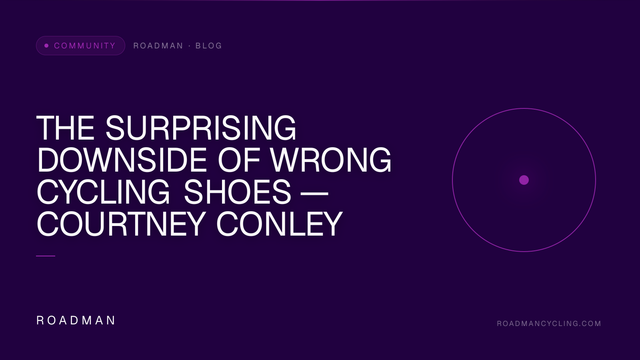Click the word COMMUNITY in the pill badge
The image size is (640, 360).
click(x=85, y=46)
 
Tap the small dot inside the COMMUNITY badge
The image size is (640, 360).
click(x=46, y=46)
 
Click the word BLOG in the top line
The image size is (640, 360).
click(x=208, y=46)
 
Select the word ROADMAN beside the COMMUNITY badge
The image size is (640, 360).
click(x=158, y=46)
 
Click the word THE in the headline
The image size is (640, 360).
click(x=66, y=128)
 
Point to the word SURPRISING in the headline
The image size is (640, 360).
click(x=201, y=128)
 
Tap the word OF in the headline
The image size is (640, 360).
click(x=239, y=160)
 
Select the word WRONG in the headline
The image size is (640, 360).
click(x=331, y=160)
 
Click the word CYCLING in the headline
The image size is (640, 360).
click(x=104, y=192)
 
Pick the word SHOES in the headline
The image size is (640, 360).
click(x=237, y=192)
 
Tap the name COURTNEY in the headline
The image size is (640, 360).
click(x=121, y=224)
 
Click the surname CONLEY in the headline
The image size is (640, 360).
click(x=279, y=224)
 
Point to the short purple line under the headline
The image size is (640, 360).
click(x=46, y=256)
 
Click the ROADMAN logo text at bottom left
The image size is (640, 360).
click(x=76, y=320)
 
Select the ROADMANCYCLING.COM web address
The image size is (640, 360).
click(x=549, y=324)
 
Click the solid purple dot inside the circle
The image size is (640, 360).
click(x=524, y=180)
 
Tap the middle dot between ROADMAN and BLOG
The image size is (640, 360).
click(x=190, y=46)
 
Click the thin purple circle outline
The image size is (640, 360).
click(x=452, y=180)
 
